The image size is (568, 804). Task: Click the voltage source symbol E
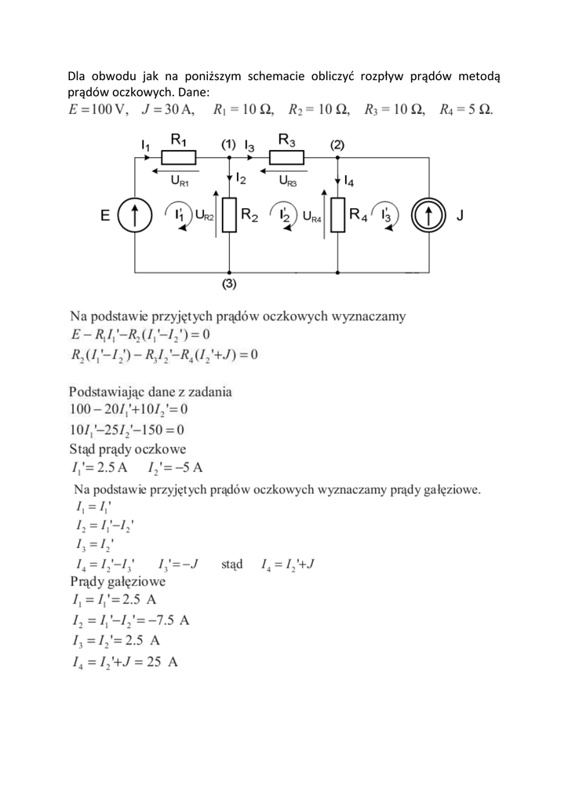click(x=136, y=215)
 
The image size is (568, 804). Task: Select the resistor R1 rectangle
click(x=179, y=158)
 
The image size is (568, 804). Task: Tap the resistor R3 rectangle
click(x=287, y=158)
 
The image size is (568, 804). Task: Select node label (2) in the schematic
click(x=337, y=144)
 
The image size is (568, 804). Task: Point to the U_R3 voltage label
click(x=288, y=181)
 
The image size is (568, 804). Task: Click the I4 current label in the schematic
click(x=348, y=182)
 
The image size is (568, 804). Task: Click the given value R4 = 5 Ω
click(x=466, y=109)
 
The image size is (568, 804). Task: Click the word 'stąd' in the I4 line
click(x=232, y=564)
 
